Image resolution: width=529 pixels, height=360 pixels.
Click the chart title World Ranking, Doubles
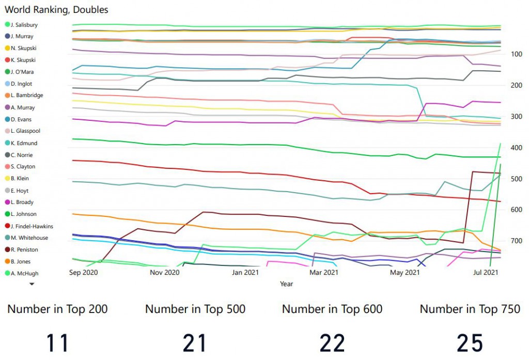pyautogui.click(x=57, y=10)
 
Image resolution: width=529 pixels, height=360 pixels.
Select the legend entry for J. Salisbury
pyautogui.click(x=24, y=25)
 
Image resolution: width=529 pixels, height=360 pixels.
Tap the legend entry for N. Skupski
pyautogui.click(x=23, y=48)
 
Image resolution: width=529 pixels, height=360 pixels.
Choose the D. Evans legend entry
pyautogui.click(x=21, y=119)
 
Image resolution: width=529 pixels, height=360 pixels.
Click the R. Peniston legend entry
pyautogui.click(x=24, y=249)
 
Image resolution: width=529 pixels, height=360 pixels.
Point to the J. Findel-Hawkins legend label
pyautogui.click(x=32, y=226)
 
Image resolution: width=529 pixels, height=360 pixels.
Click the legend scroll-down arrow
pyautogui.click(x=32, y=284)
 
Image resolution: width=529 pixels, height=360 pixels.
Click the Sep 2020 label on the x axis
pyautogui.click(x=84, y=272)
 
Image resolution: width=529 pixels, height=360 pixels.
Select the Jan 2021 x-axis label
pyautogui.click(x=245, y=272)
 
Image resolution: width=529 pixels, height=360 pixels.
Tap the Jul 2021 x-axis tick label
pyautogui.click(x=486, y=272)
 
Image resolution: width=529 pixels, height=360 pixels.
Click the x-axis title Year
pyautogui.click(x=286, y=284)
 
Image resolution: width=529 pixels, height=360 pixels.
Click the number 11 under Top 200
pyautogui.click(x=57, y=343)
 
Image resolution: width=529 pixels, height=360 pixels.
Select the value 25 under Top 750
pyautogui.click(x=470, y=343)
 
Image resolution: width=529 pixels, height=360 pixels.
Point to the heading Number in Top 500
pyautogui.click(x=195, y=309)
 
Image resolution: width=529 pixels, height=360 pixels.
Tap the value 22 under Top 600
pyautogui.click(x=332, y=343)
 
